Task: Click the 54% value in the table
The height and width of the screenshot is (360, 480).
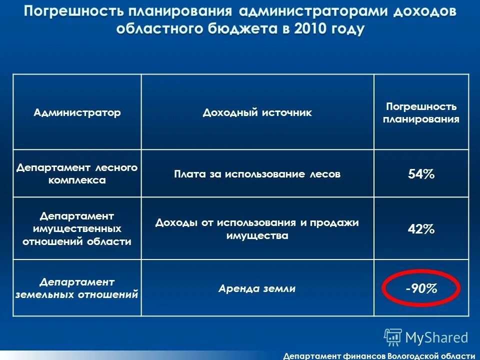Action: (x=421, y=174)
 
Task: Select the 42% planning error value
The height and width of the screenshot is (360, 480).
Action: (x=421, y=229)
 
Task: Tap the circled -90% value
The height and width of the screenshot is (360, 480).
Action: (x=421, y=288)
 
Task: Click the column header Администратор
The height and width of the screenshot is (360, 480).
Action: (x=77, y=112)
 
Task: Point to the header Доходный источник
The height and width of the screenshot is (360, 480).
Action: (x=257, y=112)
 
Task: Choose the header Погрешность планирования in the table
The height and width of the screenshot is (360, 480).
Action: (x=421, y=113)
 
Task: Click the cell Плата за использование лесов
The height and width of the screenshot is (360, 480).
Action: (x=257, y=174)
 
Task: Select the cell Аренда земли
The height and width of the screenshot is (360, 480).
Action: (x=257, y=288)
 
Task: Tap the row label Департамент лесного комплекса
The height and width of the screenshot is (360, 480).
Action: (x=77, y=173)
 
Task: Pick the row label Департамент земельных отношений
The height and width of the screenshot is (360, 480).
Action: (x=77, y=288)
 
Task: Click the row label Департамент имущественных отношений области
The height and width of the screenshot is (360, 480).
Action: (x=77, y=228)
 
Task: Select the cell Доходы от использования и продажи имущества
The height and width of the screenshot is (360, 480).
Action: (x=257, y=229)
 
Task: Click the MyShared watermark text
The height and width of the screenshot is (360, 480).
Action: (x=436, y=337)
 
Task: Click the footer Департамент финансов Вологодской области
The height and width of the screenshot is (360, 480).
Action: (x=378, y=355)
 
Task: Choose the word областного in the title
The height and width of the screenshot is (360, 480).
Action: (x=158, y=28)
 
